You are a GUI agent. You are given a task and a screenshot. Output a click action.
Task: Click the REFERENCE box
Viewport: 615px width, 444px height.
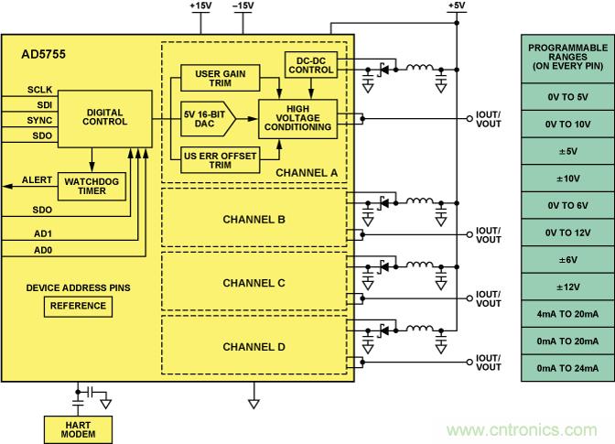[78, 306]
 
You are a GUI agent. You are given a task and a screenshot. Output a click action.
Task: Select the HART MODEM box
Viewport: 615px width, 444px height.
[78, 428]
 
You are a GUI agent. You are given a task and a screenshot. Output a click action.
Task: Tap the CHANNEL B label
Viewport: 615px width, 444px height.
[254, 220]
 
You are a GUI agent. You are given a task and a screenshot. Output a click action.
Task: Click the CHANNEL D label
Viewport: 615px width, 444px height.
[254, 347]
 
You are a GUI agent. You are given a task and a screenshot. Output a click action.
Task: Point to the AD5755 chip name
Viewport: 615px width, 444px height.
[43, 54]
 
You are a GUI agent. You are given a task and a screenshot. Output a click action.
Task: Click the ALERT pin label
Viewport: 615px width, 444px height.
[37, 180]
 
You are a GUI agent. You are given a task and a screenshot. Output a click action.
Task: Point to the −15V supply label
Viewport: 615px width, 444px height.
[243, 5]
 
